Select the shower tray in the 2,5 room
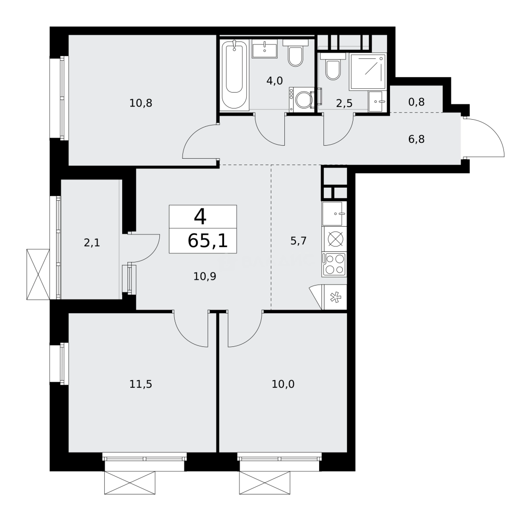click(x=368, y=71)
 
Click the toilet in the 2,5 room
click(x=334, y=68)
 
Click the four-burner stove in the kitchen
click(x=335, y=265)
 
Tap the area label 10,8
click(x=140, y=103)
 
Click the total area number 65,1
click(x=207, y=240)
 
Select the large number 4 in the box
click(x=200, y=217)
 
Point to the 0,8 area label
click(x=416, y=102)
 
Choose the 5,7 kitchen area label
click(x=298, y=241)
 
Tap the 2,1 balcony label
click(x=92, y=243)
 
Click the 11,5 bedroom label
click(x=140, y=384)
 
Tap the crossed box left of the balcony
click(x=38, y=274)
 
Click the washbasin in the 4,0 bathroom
click(x=265, y=49)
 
